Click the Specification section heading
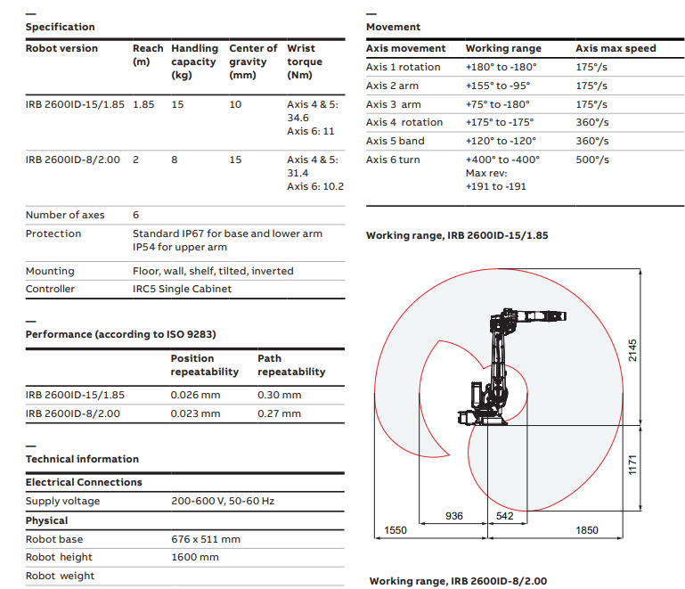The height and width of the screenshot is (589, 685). point(60,27)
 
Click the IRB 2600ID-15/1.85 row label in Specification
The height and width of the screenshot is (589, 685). point(75,104)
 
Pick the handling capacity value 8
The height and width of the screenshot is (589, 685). point(175,160)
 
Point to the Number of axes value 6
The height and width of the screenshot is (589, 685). point(136,215)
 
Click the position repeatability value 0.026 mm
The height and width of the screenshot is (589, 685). point(195,395)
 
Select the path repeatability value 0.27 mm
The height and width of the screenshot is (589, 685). point(279,413)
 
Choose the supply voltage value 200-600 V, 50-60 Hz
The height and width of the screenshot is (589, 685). point(223,501)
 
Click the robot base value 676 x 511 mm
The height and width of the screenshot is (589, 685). point(206,539)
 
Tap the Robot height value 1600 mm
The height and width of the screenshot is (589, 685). point(194,557)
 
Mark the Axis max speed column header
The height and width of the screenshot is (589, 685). point(616,48)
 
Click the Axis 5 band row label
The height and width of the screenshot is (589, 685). point(396,141)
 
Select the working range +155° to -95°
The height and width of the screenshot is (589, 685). point(497,86)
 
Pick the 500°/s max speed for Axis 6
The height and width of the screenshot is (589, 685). point(592,160)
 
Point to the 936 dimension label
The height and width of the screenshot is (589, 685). point(454,516)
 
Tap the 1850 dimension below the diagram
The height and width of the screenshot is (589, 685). point(586,530)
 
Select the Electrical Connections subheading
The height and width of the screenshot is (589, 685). point(84,482)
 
